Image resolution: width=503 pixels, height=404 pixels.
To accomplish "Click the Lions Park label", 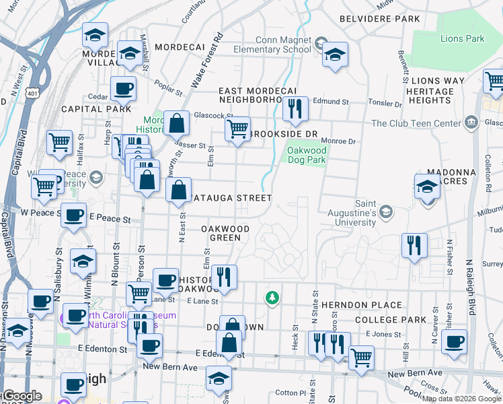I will point(462,38).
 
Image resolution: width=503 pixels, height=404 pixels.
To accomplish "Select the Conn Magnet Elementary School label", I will point(274,44).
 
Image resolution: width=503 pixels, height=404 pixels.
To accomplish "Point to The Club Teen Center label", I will point(414,123).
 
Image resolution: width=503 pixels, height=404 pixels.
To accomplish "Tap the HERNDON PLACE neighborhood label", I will point(361,305).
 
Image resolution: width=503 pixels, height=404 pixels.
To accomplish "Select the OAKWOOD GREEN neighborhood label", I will point(225,233).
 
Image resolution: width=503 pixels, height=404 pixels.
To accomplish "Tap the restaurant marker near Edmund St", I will point(295,109).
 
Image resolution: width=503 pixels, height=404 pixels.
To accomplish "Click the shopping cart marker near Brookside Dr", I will point(237,129).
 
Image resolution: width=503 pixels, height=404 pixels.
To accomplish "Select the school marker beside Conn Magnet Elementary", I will point(334,55).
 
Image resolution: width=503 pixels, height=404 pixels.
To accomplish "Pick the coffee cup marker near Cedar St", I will point(123,88).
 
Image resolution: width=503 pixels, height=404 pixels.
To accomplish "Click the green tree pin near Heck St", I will point(272,297).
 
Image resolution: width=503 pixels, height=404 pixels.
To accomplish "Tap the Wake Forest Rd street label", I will point(206,61).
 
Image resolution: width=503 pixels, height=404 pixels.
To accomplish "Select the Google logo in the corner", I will point(22,396).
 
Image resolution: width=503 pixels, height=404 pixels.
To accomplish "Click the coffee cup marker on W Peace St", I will point(73,215).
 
